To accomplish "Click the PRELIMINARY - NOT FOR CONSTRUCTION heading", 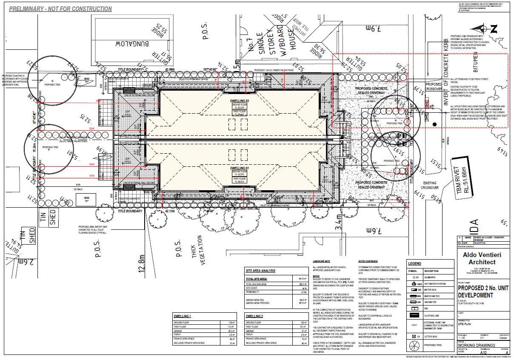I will coord(60,9).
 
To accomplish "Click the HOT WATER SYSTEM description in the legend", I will coord(434,284).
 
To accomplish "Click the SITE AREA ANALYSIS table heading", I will coord(261,271).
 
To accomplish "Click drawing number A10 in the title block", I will coord(483,353).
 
